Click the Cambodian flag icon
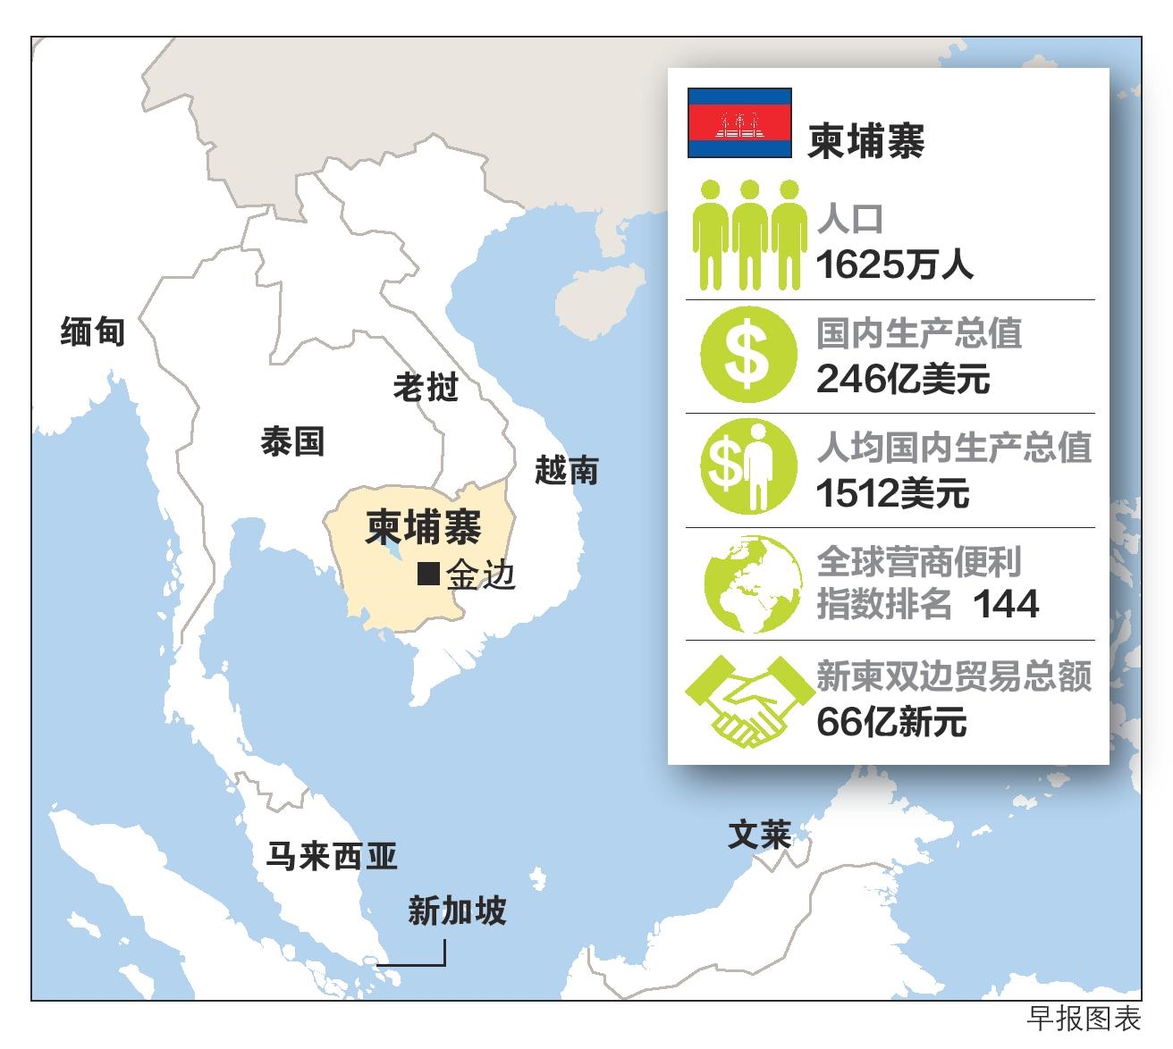click(x=739, y=123)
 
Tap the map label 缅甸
click(x=92, y=331)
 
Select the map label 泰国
click(x=291, y=441)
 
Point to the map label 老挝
click(x=426, y=387)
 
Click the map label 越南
click(x=566, y=470)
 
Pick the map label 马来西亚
click(x=332, y=857)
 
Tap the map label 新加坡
click(x=457, y=911)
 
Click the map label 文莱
click(x=759, y=835)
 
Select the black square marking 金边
click(x=429, y=574)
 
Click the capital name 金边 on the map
click(x=482, y=575)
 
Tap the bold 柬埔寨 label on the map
click(x=424, y=527)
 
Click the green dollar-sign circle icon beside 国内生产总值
click(x=748, y=355)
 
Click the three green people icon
click(x=749, y=234)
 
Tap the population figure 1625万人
click(x=894, y=264)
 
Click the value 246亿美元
click(x=903, y=379)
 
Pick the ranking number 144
click(x=1006, y=605)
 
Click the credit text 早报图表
click(x=1084, y=1019)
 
